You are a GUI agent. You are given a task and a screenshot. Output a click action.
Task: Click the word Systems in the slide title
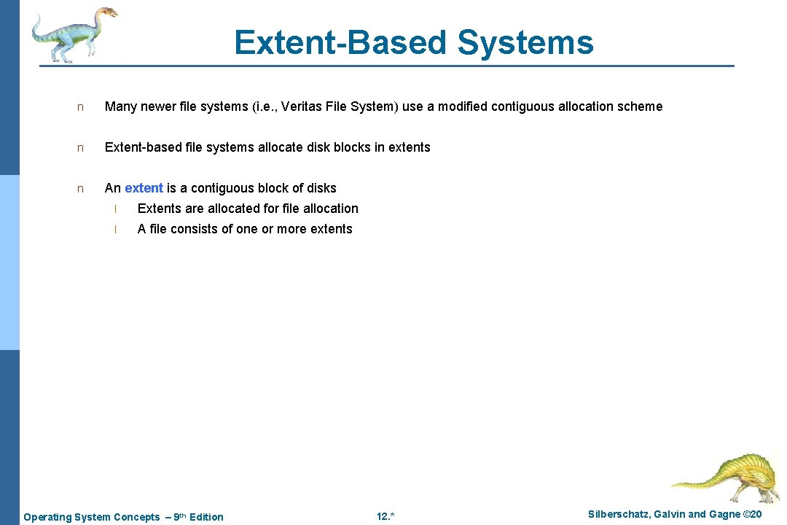pyautogui.click(x=525, y=42)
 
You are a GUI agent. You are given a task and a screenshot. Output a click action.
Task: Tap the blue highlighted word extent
pyautogui.click(x=144, y=188)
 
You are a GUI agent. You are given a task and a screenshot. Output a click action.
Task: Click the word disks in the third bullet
pyautogui.click(x=321, y=188)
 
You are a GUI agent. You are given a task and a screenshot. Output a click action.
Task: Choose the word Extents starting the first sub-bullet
pyautogui.click(x=160, y=209)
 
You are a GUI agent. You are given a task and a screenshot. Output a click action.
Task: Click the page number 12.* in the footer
pyautogui.click(x=385, y=517)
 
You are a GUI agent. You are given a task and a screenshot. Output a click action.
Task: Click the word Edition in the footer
pyautogui.click(x=206, y=517)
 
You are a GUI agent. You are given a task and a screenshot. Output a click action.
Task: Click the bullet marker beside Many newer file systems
pyautogui.click(x=81, y=107)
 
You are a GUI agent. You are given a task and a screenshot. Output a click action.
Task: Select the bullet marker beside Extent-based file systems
pyautogui.click(x=81, y=148)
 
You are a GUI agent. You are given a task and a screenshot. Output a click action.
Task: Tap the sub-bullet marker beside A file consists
pyautogui.click(x=115, y=230)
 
